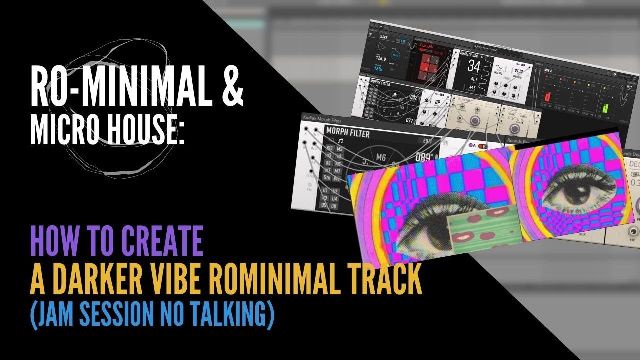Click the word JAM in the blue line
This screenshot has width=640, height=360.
click(52, 316)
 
